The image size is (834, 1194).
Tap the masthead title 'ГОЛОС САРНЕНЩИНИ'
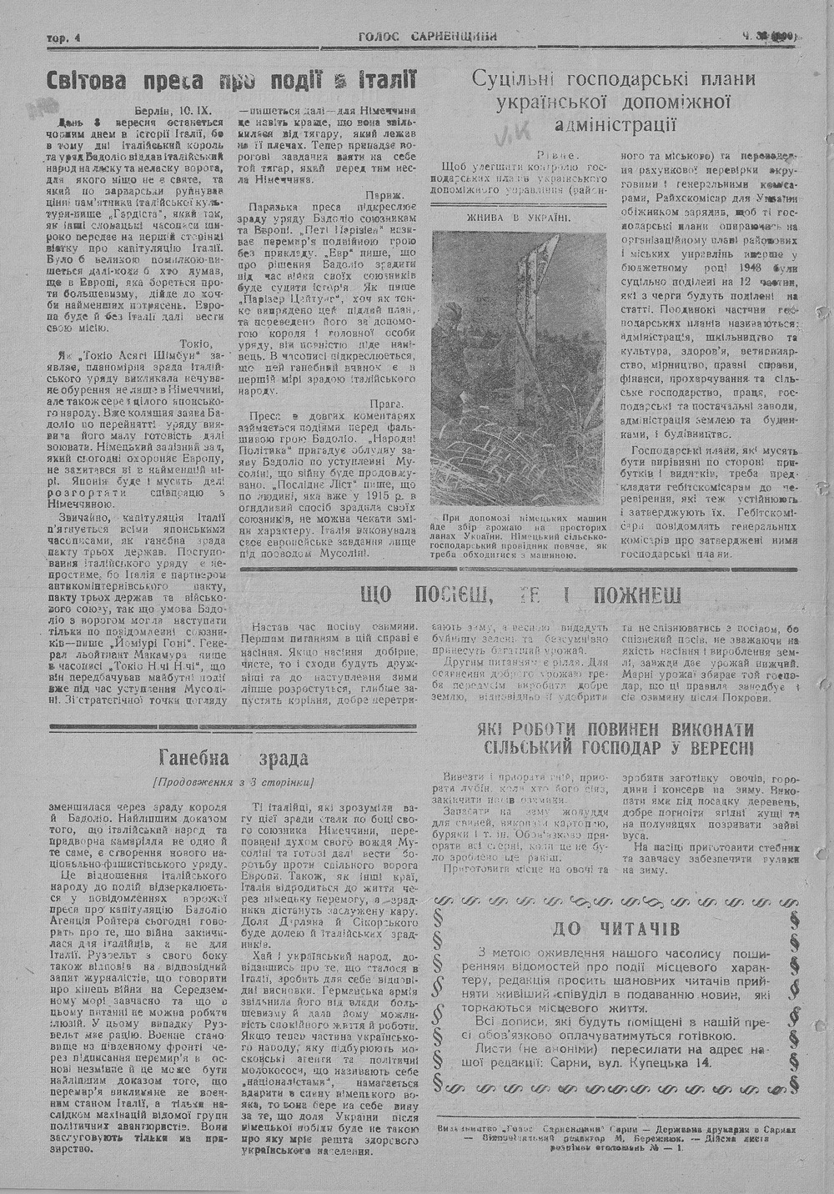pyautogui.click(x=428, y=36)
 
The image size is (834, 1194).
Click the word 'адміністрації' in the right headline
pyautogui.click(x=613, y=126)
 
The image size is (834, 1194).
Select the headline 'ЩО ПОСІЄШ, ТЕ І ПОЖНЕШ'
pyautogui.click(x=520, y=595)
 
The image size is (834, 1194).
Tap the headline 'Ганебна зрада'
pyautogui.click(x=233, y=758)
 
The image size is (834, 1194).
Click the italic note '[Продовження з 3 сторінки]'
pyautogui.click(x=233, y=782)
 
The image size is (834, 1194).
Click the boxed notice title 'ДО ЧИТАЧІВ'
pyautogui.click(x=615, y=928)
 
